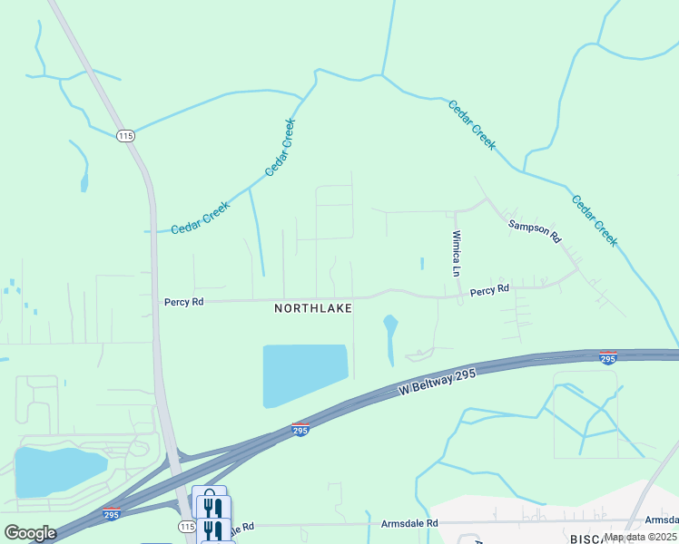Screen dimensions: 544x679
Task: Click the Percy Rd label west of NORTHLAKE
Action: coord(183,302)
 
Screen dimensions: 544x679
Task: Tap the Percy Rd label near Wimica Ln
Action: coord(489,290)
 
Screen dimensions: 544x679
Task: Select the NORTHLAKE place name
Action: coord(313,308)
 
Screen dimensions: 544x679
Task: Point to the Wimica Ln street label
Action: coord(458,253)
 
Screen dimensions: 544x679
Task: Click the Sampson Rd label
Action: coord(535,231)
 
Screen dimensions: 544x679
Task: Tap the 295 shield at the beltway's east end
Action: coord(608,358)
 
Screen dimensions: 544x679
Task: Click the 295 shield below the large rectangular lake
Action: coord(300,430)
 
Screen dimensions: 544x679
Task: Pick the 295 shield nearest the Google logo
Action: coord(111,514)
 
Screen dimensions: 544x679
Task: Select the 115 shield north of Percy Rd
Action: coord(125,136)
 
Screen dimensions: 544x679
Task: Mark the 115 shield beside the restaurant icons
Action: coord(186,526)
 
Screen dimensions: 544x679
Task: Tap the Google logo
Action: coord(30,532)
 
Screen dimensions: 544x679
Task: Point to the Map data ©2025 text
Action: coord(640,536)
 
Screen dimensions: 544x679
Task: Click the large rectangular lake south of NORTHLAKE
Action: coord(304,374)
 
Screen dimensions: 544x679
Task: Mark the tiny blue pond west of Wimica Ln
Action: coord(422,264)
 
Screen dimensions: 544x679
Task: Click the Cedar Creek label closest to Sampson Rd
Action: coord(595,220)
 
